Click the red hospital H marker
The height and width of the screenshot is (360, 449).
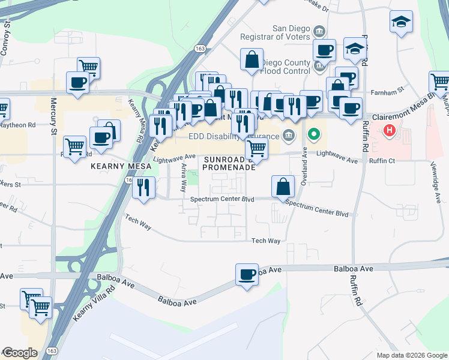point(390,130)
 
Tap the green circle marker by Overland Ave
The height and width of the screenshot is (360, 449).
point(313,134)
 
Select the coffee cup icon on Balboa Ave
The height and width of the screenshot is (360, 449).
point(247,275)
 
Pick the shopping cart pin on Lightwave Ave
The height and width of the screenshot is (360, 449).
point(257,148)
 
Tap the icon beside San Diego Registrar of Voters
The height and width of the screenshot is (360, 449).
point(319,31)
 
